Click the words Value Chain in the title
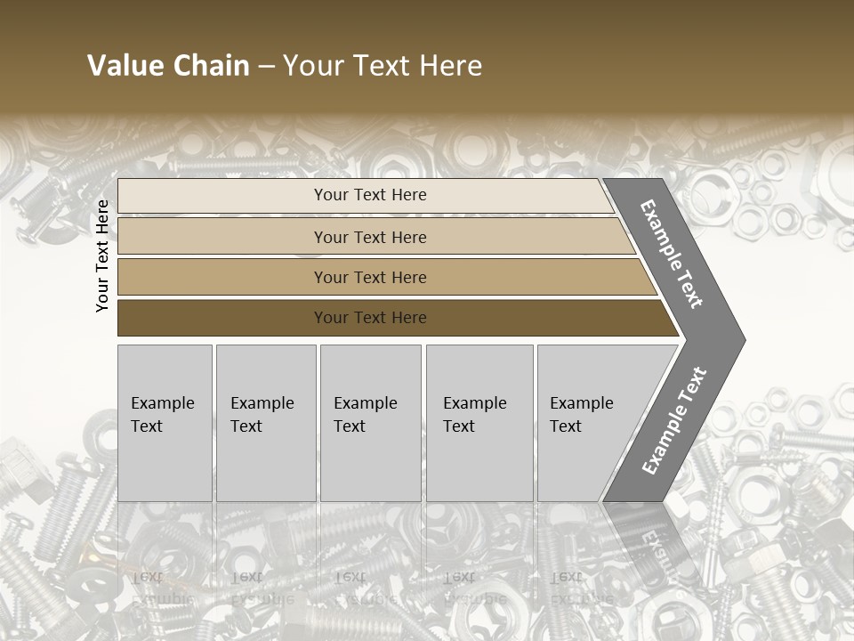click(x=168, y=66)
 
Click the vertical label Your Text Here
click(x=102, y=256)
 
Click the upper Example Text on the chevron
click(x=673, y=254)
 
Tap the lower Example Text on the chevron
click(x=674, y=420)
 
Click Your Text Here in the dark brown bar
click(x=370, y=318)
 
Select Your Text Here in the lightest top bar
click(x=370, y=195)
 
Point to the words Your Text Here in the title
click(x=383, y=66)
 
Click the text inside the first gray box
click(x=162, y=415)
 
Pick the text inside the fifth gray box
click(x=581, y=415)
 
